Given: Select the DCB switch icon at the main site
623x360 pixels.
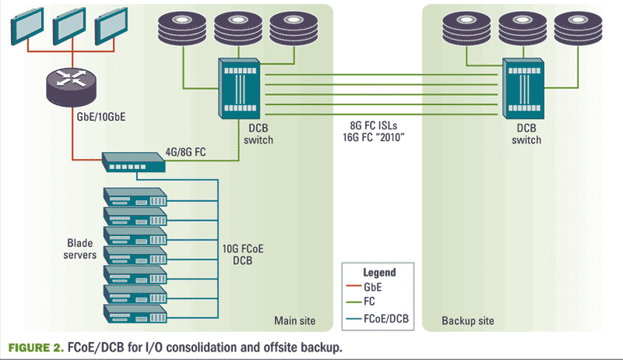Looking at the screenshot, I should click(x=241, y=85).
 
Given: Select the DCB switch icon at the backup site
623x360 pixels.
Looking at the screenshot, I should click(x=522, y=85).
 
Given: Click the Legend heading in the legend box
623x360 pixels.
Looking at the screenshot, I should click(x=379, y=273).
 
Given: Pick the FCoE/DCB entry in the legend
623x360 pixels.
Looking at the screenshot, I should click(x=386, y=317).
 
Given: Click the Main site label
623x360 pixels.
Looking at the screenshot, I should click(x=297, y=320).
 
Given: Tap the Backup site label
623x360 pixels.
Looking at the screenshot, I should click(x=467, y=320).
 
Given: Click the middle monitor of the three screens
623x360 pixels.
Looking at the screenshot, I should click(x=68, y=28).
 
